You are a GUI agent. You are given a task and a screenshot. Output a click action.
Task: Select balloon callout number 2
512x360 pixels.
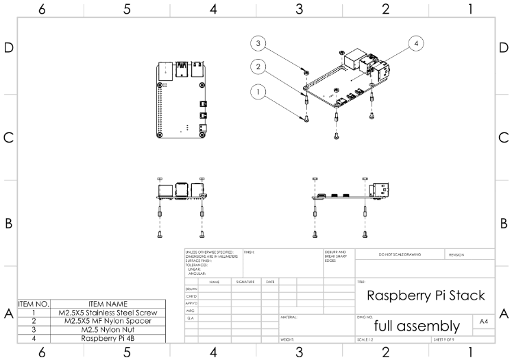click(258, 67)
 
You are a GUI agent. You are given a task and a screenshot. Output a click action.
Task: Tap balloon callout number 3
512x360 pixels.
click(258, 43)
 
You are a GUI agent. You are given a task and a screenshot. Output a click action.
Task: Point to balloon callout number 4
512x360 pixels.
click(416, 43)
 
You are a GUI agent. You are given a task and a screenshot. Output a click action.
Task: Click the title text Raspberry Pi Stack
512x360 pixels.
click(426, 296)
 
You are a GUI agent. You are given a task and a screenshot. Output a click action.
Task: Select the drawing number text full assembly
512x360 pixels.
click(417, 325)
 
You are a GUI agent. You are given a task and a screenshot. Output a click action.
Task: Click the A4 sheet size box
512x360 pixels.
click(484, 322)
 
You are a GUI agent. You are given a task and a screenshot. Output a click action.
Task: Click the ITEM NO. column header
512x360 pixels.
click(34, 303)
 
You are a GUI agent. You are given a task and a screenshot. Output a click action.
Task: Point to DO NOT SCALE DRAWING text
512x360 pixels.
click(400, 254)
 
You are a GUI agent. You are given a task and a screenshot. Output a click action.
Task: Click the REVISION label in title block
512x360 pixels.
click(456, 254)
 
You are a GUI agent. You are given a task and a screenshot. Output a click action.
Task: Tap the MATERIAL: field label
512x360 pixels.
click(289, 317)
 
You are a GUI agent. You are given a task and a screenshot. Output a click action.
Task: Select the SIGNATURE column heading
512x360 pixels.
click(245, 282)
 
